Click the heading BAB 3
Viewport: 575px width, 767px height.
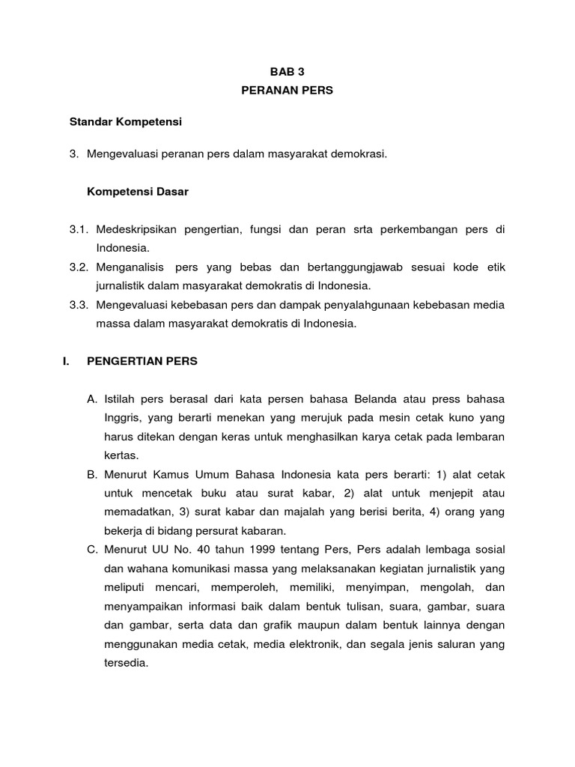(x=287, y=71)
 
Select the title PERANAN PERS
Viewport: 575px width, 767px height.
(x=287, y=90)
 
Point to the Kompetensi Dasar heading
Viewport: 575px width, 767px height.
(x=138, y=192)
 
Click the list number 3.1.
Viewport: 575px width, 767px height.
(x=79, y=229)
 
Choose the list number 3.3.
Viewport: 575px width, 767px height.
(x=79, y=305)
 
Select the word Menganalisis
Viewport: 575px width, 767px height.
(x=130, y=267)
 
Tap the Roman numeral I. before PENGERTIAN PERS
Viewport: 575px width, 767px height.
(x=66, y=361)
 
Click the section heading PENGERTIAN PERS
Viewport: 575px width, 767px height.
(x=142, y=361)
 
